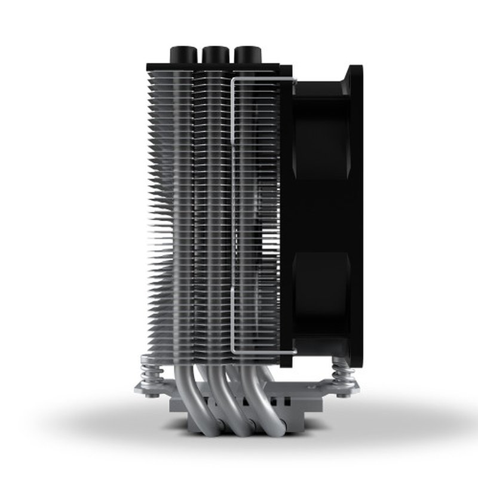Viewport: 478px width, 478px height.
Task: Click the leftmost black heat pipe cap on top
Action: [x=182, y=54]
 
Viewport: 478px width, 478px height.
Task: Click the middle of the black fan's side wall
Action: [x=323, y=209]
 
